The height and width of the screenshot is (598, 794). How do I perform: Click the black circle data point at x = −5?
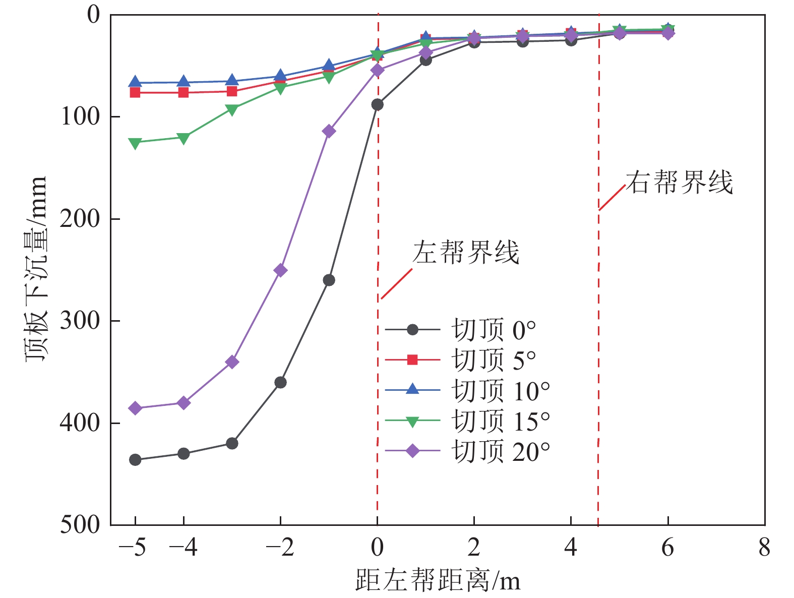click(135, 459)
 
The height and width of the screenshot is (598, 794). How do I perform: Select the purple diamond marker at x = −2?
click(280, 270)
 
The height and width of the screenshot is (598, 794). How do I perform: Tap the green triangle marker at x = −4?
click(184, 138)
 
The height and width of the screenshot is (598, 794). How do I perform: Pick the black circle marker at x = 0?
click(377, 105)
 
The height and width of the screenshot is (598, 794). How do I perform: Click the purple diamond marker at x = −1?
click(329, 131)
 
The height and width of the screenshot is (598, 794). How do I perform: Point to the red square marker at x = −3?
click(232, 91)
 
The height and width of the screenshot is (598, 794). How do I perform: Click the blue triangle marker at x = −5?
click(135, 82)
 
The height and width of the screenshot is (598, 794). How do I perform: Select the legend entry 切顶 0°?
click(493, 330)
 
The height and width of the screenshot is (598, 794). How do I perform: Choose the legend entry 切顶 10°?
click(500, 391)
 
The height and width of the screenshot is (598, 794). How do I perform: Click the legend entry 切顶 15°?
click(500, 421)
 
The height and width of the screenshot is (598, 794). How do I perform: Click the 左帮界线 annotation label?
click(465, 252)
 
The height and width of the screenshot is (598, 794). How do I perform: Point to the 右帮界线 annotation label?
click(679, 182)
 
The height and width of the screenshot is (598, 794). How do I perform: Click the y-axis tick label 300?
click(80, 321)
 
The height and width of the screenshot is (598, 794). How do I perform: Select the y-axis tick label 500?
click(80, 524)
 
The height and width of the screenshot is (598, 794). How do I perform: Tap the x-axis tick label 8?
click(764, 547)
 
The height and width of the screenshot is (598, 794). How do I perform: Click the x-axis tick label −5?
click(132, 547)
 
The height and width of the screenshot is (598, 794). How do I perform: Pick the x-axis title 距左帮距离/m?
click(438, 580)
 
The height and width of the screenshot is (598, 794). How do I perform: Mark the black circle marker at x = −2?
click(280, 382)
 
